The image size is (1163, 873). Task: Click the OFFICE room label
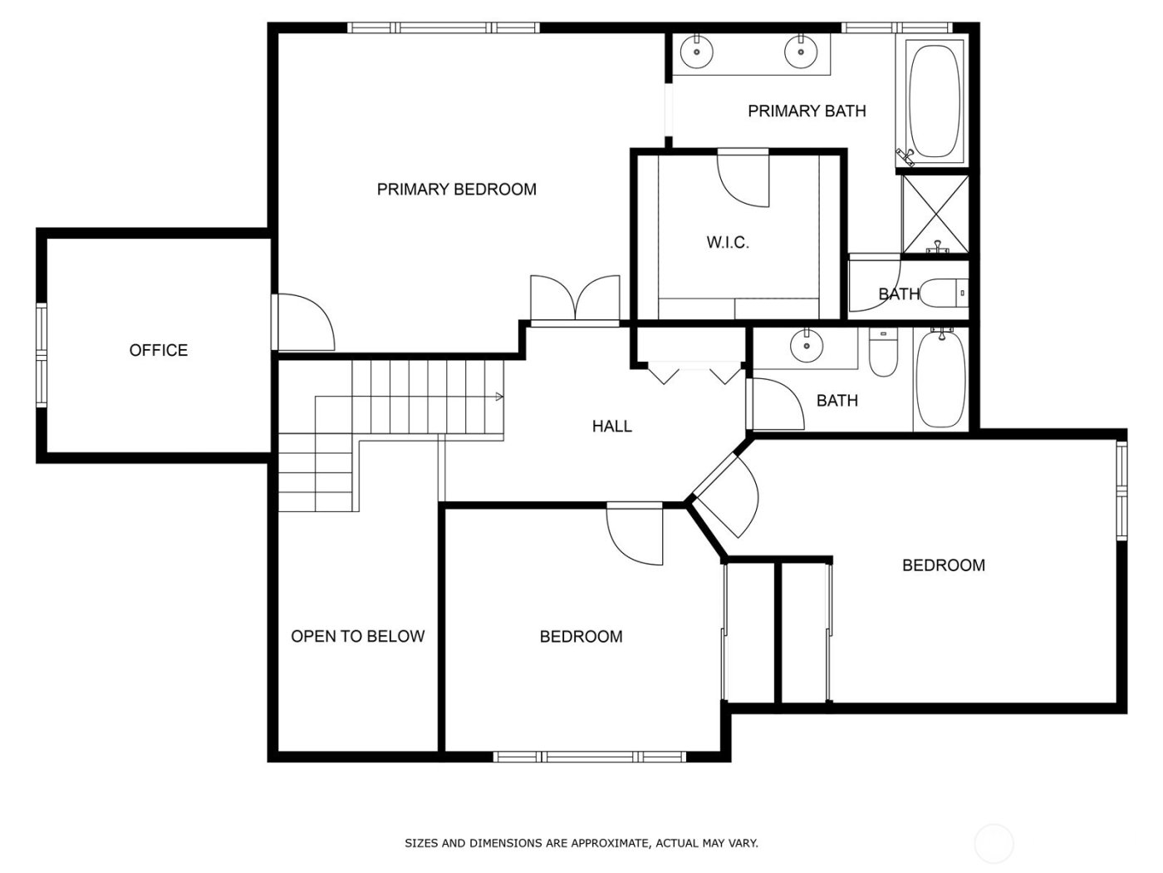(x=158, y=350)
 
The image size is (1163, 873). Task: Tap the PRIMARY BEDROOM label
(x=456, y=190)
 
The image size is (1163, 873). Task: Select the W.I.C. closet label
(x=728, y=243)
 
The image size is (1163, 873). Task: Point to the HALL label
(x=611, y=427)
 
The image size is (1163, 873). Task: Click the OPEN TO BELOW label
(x=357, y=636)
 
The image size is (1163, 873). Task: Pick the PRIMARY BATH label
(x=807, y=111)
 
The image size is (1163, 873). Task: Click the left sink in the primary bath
(x=695, y=52)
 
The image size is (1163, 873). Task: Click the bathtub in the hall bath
(x=940, y=378)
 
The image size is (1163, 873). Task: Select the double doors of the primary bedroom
(x=575, y=298)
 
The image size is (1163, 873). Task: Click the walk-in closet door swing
(x=743, y=179)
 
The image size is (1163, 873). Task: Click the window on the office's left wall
(x=42, y=344)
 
